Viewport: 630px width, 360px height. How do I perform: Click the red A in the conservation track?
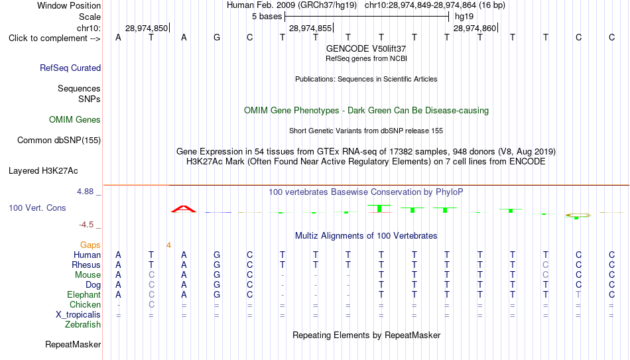(x=184, y=209)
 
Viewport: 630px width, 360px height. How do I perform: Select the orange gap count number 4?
(x=168, y=245)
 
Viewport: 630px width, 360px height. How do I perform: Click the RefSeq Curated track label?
(x=70, y=68)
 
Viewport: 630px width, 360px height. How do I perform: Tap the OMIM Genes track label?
(x=75, y=120)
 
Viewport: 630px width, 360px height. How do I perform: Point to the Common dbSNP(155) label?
(x=59, y=141)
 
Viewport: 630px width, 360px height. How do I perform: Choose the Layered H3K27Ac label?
(x=43, y=171)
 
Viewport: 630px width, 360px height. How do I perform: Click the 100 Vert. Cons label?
(x=37, y=208)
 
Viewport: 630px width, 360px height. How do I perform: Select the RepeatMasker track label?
(x=73, y=344)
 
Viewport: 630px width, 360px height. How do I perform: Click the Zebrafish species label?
(x=83, y=324)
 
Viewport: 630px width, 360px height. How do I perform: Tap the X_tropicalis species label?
(x=78, y=315)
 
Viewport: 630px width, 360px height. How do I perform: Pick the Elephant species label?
(x=84, y=294)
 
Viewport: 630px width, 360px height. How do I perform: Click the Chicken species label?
(x=85, y=304)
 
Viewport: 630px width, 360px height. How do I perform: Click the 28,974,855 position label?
(x=310, y=28)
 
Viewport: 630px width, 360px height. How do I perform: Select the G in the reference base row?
(x=217, y=37)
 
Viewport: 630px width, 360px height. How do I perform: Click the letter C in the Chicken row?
(x=151, y=304)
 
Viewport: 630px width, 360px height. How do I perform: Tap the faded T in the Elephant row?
(x=578, y=294)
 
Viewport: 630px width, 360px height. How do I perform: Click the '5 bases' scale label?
(x=267, y=17)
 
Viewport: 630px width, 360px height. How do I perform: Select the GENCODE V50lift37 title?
(x=366, y=48)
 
